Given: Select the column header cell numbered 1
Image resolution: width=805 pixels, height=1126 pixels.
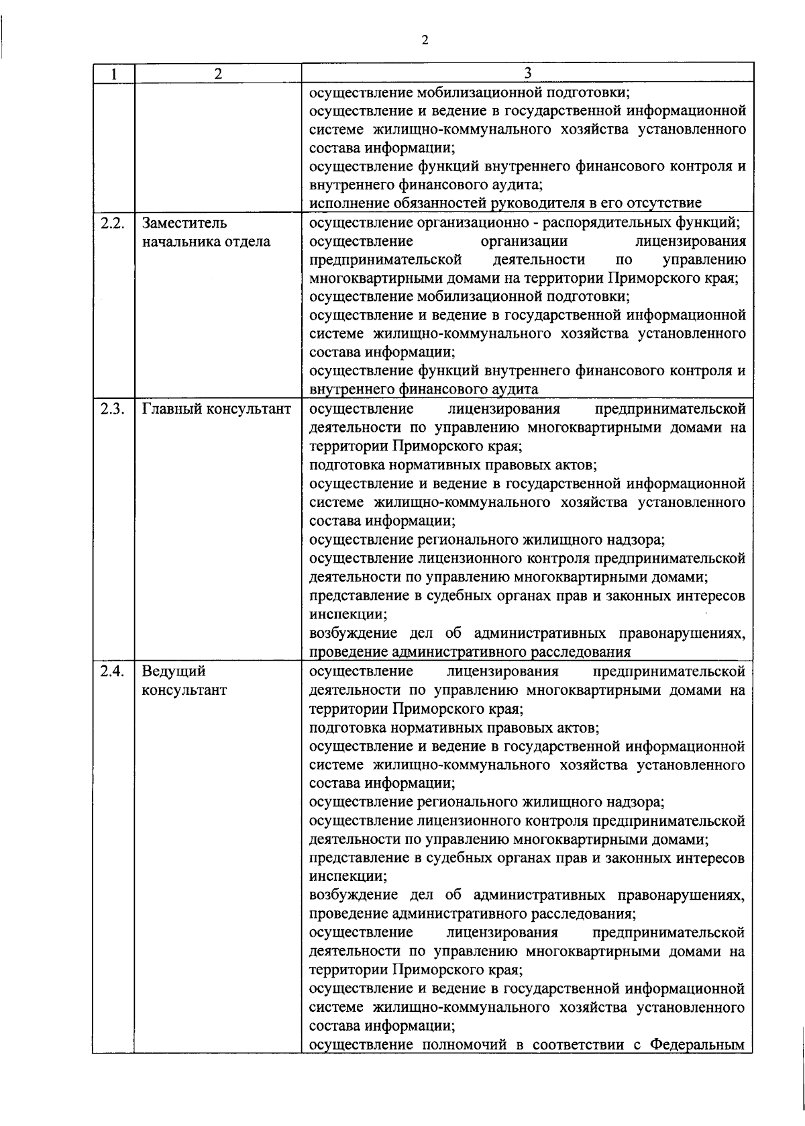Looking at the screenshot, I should (x=113, y=74).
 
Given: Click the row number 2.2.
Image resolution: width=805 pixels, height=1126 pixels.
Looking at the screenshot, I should (x=110, y=223).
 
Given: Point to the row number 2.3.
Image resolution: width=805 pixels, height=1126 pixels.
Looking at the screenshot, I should (x=110, y=409).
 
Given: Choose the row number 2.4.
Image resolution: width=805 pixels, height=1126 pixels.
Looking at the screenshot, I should (x=110, y=671).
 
